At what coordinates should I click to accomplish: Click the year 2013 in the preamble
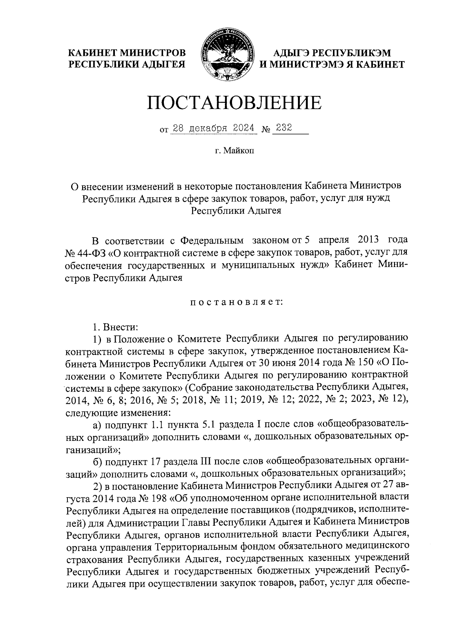tap(362, 240)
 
